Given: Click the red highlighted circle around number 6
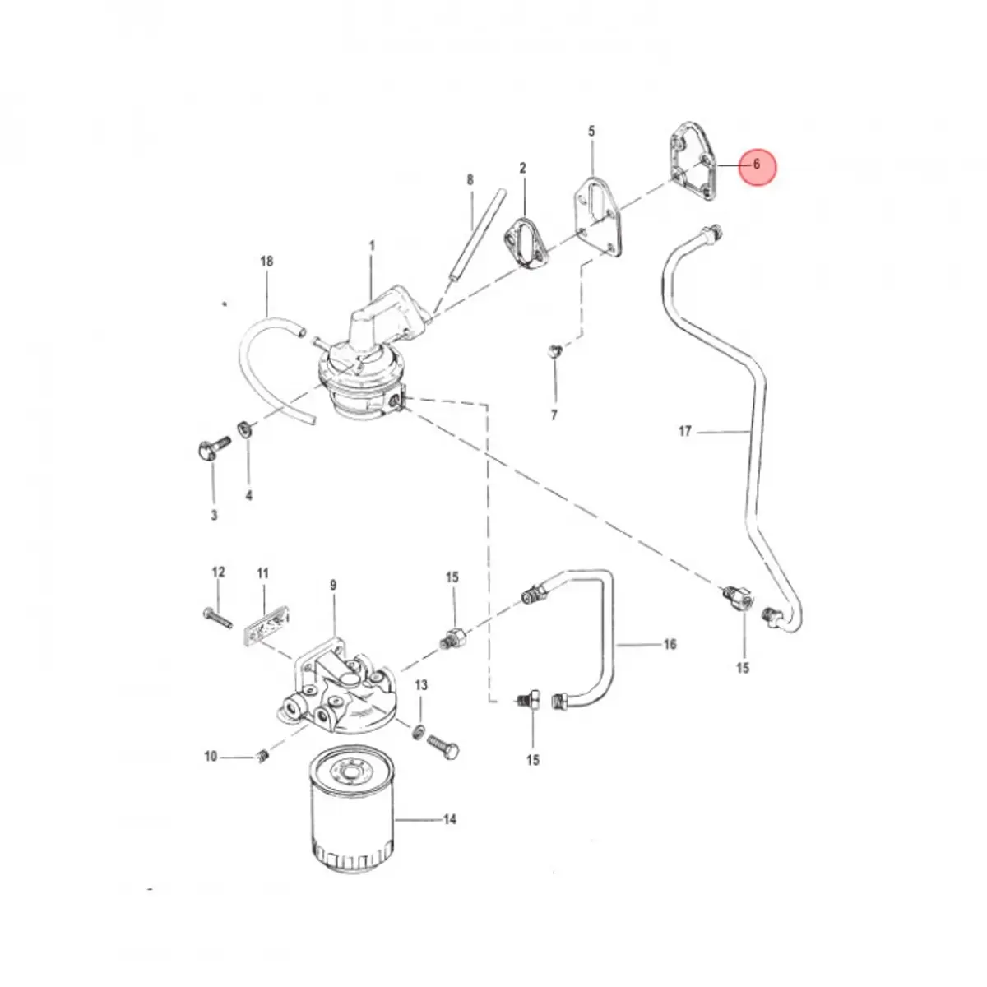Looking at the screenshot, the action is pos(757,166).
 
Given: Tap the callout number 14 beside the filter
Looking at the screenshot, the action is pos(449,819).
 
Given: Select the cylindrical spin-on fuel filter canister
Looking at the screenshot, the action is pos(352,808).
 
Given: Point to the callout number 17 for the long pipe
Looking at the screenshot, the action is pos(685,431).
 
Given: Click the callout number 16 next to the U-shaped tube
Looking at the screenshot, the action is pos(670,644).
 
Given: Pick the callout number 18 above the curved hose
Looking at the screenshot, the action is pos(266,262).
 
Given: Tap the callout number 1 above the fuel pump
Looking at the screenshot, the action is pos(372,246).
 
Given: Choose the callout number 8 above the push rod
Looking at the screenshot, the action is pos(470,180).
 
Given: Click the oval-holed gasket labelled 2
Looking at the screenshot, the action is pos(526,243).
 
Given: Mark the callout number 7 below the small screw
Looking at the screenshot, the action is pos(554,415).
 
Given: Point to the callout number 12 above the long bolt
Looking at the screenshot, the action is pos(218,572).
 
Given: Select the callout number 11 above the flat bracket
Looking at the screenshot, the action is pos(262,572).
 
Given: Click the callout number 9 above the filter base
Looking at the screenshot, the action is pos(333,585).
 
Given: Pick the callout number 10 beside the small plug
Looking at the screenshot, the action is pos(211,756).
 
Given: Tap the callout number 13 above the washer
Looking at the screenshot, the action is pos(421,685).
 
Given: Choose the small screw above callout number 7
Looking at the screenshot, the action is pos(555,351).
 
